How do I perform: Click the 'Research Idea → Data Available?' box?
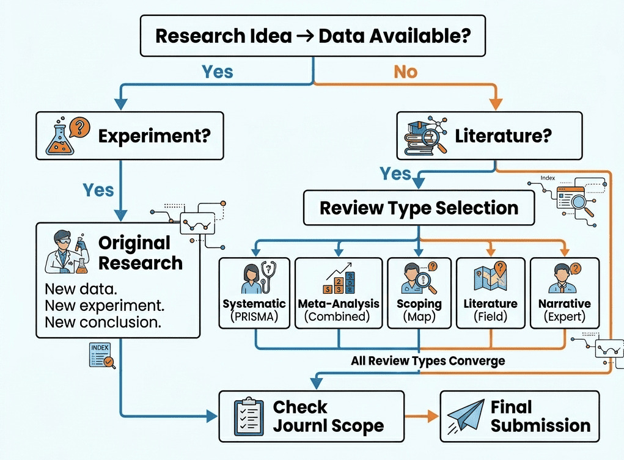coord(312,35)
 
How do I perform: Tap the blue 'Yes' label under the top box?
coord(217,71)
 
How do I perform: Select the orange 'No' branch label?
coord(405,71)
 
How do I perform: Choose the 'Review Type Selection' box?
coord(419,208)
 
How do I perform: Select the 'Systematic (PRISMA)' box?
coord(254,294)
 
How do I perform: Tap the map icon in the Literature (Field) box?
coord(491,277)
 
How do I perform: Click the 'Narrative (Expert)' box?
coord(564,294)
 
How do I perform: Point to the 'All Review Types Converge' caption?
coord(428,360)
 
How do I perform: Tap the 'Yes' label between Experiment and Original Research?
coord(98,190)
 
